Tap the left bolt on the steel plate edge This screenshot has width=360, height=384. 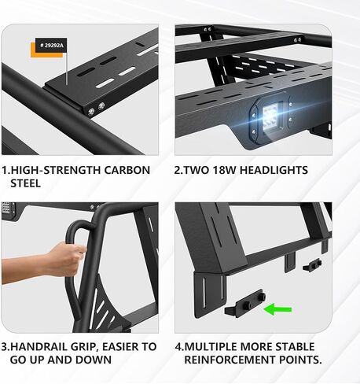pyautogui.click(x=92, y=108)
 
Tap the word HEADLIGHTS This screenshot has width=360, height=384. pyautogui.click(x=274, y=170)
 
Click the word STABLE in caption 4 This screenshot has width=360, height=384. pyautogui.click(x=294, y=346)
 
